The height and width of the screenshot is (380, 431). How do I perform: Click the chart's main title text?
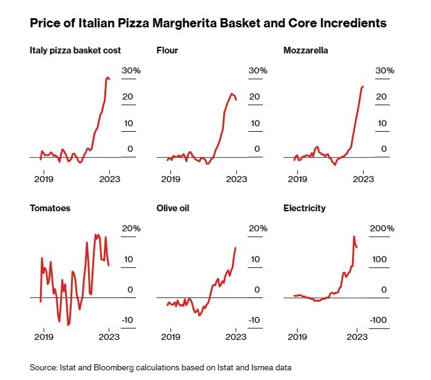coord(208,24)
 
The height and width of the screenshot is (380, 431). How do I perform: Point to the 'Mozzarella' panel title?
coord(305,50)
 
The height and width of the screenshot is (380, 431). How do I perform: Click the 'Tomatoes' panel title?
coord(50,208)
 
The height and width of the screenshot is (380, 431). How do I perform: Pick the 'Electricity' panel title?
coord(304,208)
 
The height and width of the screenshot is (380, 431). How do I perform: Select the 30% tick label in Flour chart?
coord(257,70)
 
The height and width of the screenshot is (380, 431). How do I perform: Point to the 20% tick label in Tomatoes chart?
coord(131,228)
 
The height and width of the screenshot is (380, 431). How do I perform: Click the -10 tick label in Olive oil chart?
coord(256,321)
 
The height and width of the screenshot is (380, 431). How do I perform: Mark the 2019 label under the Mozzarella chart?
coord(297,179)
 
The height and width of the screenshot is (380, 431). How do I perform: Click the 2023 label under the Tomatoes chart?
coord(109,337)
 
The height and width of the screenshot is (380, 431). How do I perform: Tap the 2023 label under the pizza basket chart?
coord(109,179)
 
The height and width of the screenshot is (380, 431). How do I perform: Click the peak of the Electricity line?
coord(354,237)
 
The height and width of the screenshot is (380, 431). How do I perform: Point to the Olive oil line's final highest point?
coord(236,248)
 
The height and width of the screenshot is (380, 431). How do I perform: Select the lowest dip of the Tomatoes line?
coord(68,325)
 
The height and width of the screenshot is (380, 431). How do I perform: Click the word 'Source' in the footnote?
coord(42,367)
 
